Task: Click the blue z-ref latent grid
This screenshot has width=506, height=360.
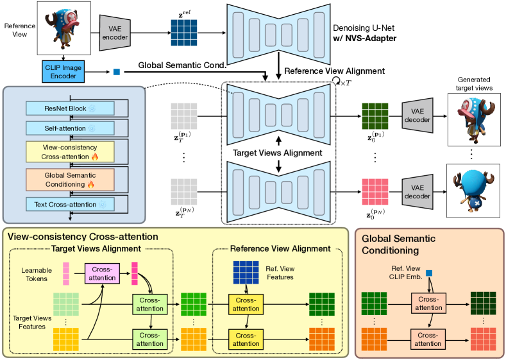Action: pos(184,31)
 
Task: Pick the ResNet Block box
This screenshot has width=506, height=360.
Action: pos(69,107)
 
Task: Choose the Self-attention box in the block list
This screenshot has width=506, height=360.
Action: pos(69,128)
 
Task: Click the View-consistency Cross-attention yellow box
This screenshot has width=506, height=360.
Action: pos(69,152)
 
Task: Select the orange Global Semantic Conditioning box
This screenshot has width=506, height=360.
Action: pos(69,179)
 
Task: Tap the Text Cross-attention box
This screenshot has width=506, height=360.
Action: pos(69,204)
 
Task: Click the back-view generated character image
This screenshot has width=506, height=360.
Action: pos(473,191)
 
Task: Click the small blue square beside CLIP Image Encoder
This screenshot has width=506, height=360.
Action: pos(117,71)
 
